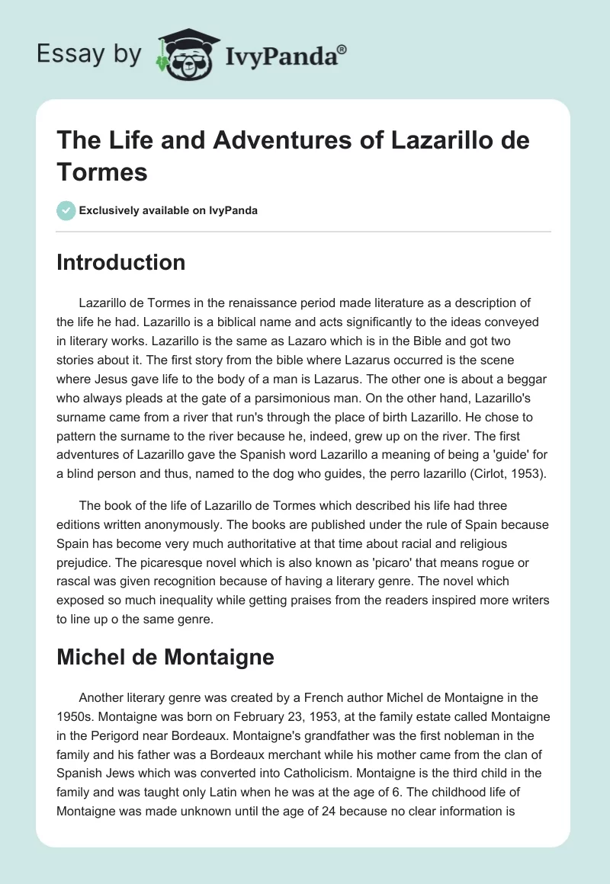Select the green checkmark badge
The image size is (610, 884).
coord(66,210)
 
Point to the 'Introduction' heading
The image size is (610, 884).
coord(121,262)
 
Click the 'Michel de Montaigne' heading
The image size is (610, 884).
coord(165,658)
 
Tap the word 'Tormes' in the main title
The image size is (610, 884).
coord(102,171)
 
